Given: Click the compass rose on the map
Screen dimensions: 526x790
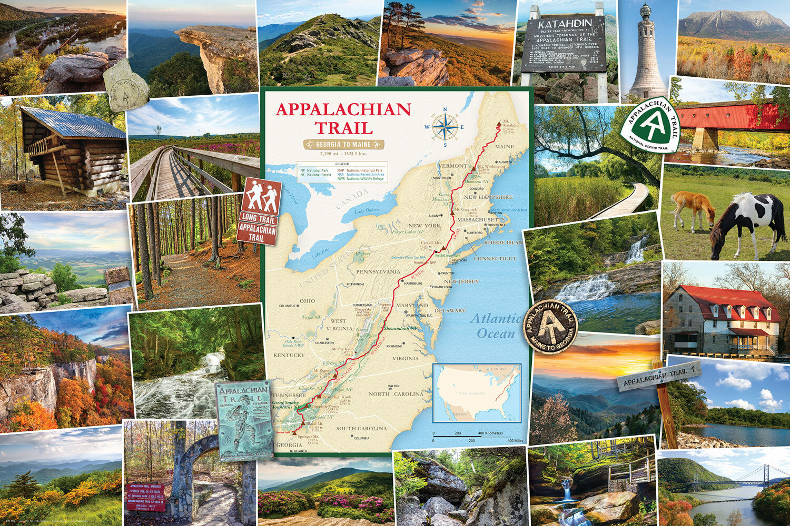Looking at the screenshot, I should [445, 127].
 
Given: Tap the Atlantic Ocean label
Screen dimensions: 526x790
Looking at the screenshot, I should [495, 326].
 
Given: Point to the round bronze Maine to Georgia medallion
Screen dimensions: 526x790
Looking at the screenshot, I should [550, 326].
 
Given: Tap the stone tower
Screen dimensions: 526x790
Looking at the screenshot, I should [647, 53].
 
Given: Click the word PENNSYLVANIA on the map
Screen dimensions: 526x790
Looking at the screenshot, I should [378, 272].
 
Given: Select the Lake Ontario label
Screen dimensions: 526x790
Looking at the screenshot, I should [367, 211].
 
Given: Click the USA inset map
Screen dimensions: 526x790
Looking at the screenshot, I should [477, 393].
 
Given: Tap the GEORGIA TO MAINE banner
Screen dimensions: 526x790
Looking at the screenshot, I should [343, 144].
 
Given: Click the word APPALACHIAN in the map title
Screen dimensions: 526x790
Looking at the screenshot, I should [343, 109].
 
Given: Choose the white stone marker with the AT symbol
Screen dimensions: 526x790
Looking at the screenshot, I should [125, 86].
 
